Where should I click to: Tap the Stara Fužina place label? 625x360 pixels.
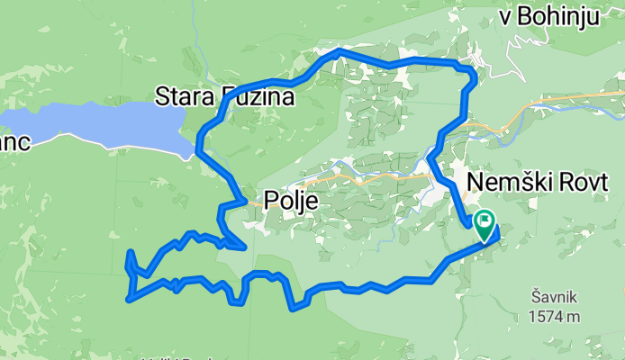tap(225, 95)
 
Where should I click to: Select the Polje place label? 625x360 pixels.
tap(291, 201)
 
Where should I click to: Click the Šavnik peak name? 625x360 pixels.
tap(553, 296)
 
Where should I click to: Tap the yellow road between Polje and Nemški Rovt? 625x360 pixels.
tap(378, 178)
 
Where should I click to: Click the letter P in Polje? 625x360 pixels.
tap(271, 201)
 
